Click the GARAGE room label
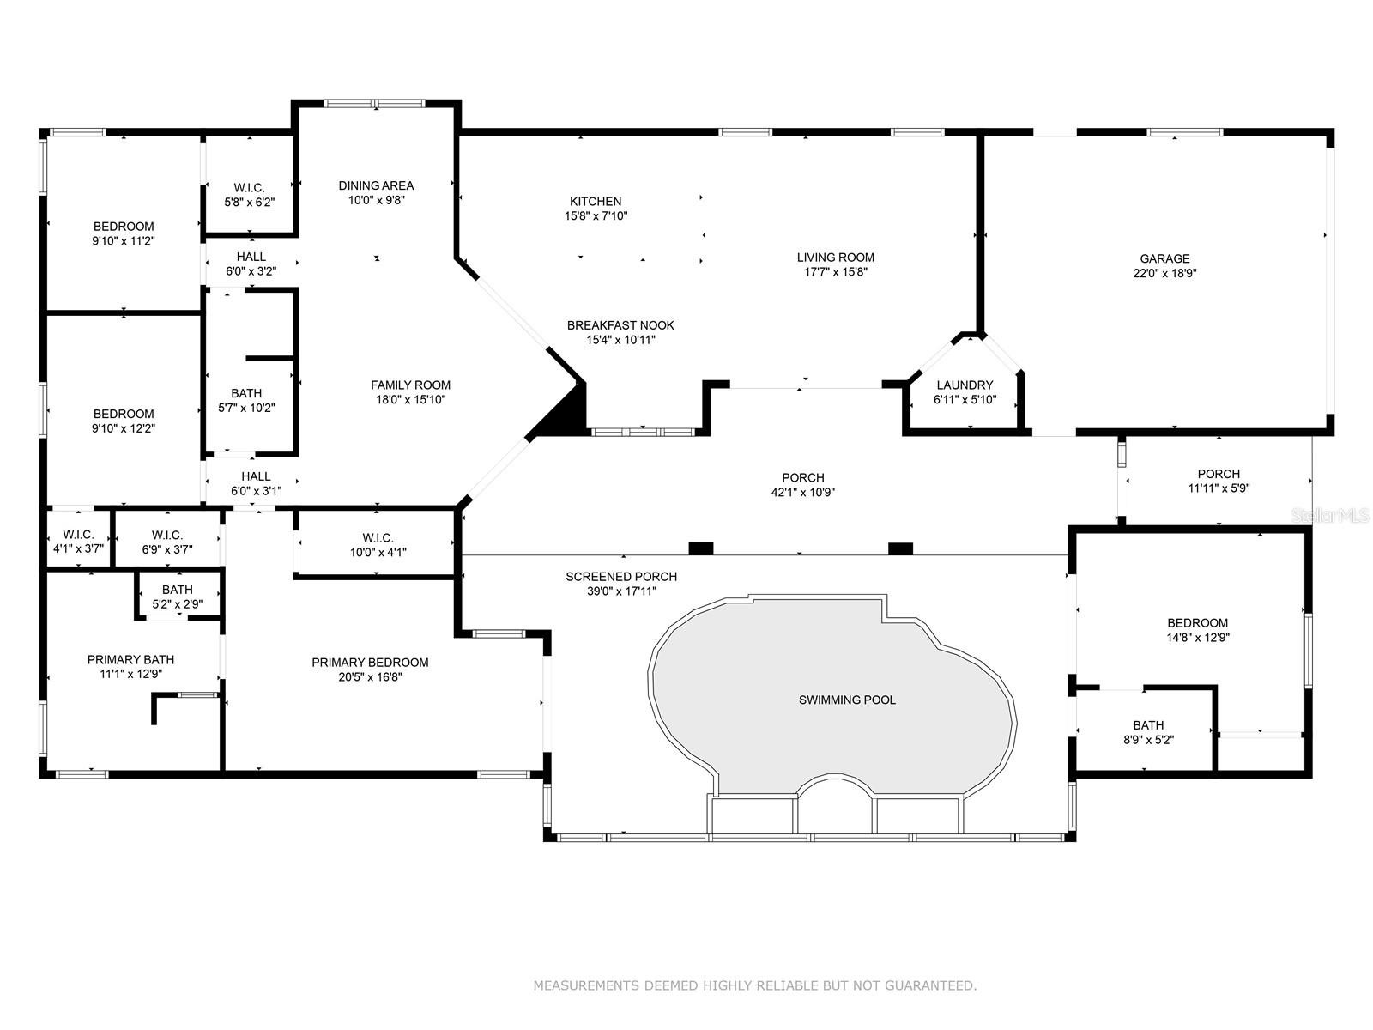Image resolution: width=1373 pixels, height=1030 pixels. tap(1164, 258)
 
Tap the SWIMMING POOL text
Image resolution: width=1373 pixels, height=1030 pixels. tap(847, 700)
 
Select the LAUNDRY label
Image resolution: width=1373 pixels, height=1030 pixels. tap(965, 385)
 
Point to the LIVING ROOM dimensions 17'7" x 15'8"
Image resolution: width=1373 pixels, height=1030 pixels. tap(836, 272)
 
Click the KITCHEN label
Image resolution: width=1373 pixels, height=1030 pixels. tap(596, 202)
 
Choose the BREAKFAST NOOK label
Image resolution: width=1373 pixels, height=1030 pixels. tap(620, 325)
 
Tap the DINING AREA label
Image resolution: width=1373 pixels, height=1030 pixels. tap(376, 185)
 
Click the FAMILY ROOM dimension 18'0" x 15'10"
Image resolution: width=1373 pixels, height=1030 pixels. tap(410, 400)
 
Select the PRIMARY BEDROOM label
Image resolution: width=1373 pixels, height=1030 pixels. tap(371, 663)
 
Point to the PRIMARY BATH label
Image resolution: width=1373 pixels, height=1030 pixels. tap(130, 659)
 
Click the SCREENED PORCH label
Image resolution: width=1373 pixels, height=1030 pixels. tap(621, 577)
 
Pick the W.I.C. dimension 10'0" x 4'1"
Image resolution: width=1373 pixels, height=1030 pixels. tap(378, 552)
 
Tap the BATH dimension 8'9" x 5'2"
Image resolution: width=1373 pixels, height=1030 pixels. tap(1148, 740)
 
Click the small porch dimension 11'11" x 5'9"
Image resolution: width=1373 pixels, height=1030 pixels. tap(1219, 488)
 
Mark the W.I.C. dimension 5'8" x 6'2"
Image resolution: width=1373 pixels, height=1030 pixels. tap(250, 202)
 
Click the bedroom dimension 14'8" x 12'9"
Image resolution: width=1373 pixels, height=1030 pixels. tap(1197, 637)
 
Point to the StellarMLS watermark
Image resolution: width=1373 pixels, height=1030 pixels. tap(1330, 515)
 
